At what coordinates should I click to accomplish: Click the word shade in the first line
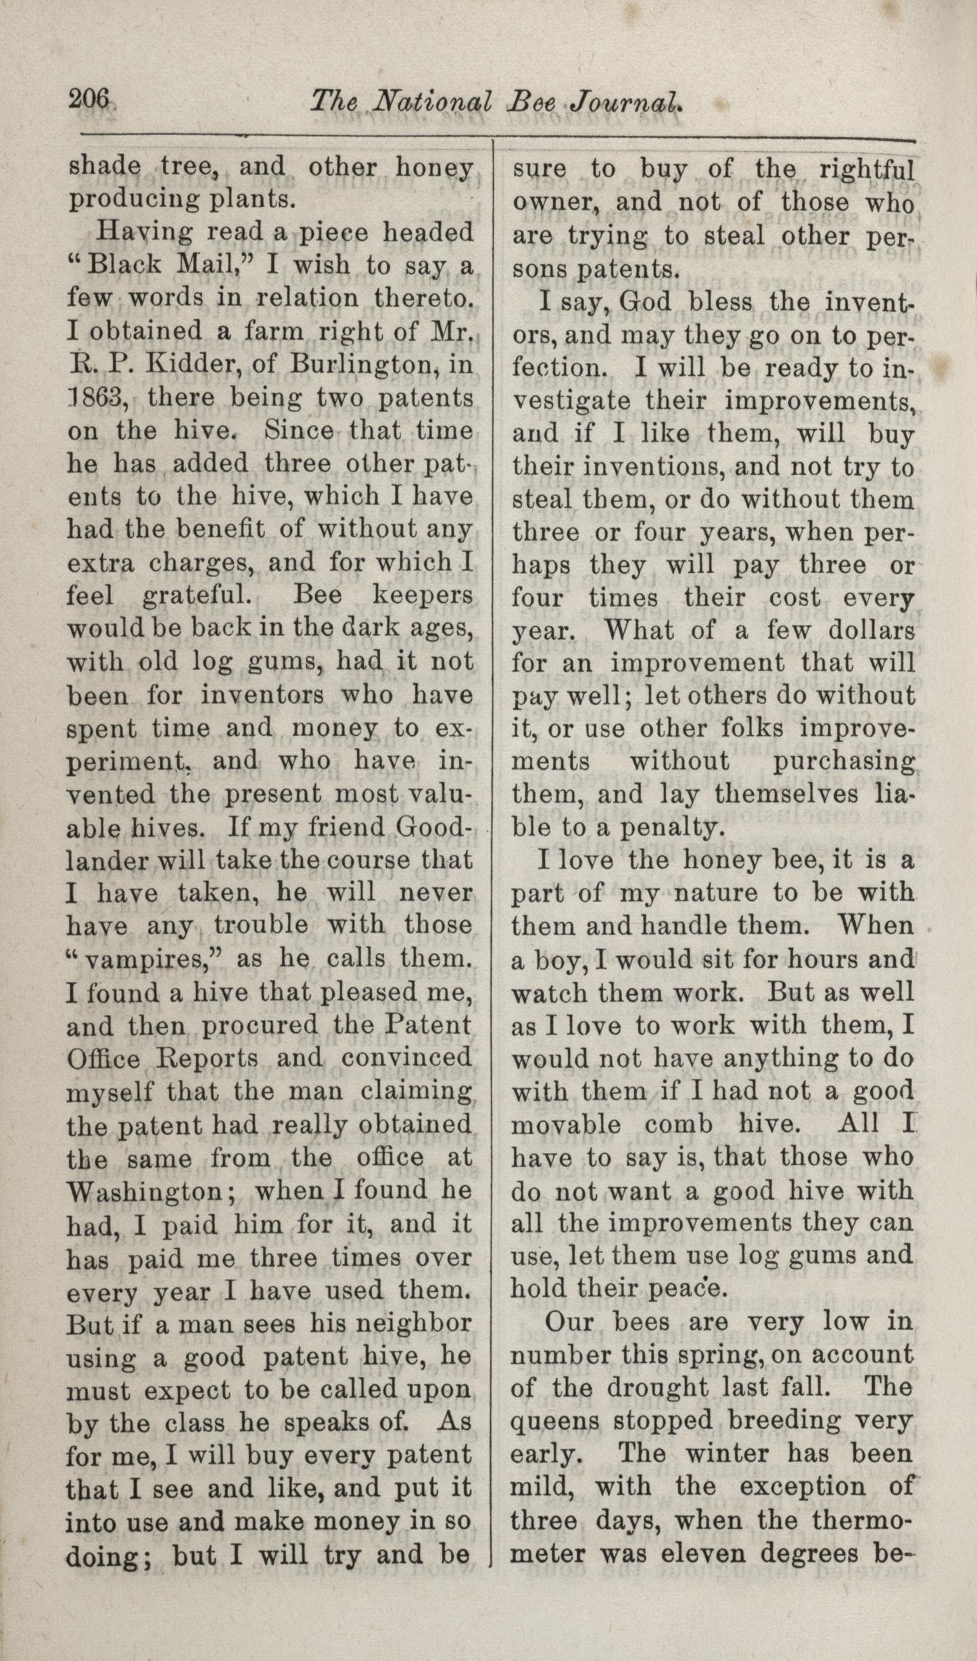coord(104,167)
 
